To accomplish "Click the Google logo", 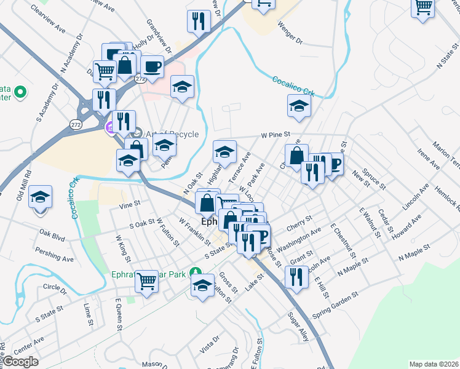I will [x=20, y=362].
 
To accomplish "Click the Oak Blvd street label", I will [x=52, y=234].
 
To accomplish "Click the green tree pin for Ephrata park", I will [x=196, y=271].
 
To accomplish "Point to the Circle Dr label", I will [x=55, y=287].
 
